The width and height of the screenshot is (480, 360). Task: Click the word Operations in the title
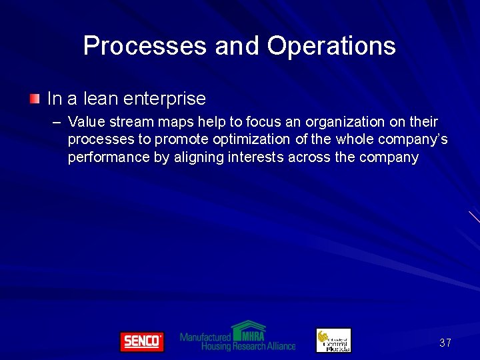coord(331,46)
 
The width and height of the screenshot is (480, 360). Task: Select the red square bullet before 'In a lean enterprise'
coord(35,99)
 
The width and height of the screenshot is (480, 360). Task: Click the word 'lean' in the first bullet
coord(101,99)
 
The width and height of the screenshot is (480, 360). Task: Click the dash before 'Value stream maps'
coord(56,122)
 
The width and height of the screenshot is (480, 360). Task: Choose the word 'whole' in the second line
coord(356,140)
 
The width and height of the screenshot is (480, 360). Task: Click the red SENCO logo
coord(141,341)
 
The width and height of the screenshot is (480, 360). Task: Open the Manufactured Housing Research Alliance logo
coord(238,337)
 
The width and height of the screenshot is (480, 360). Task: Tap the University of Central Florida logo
coord(333,340)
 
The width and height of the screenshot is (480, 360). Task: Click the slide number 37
coord(445,343)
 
